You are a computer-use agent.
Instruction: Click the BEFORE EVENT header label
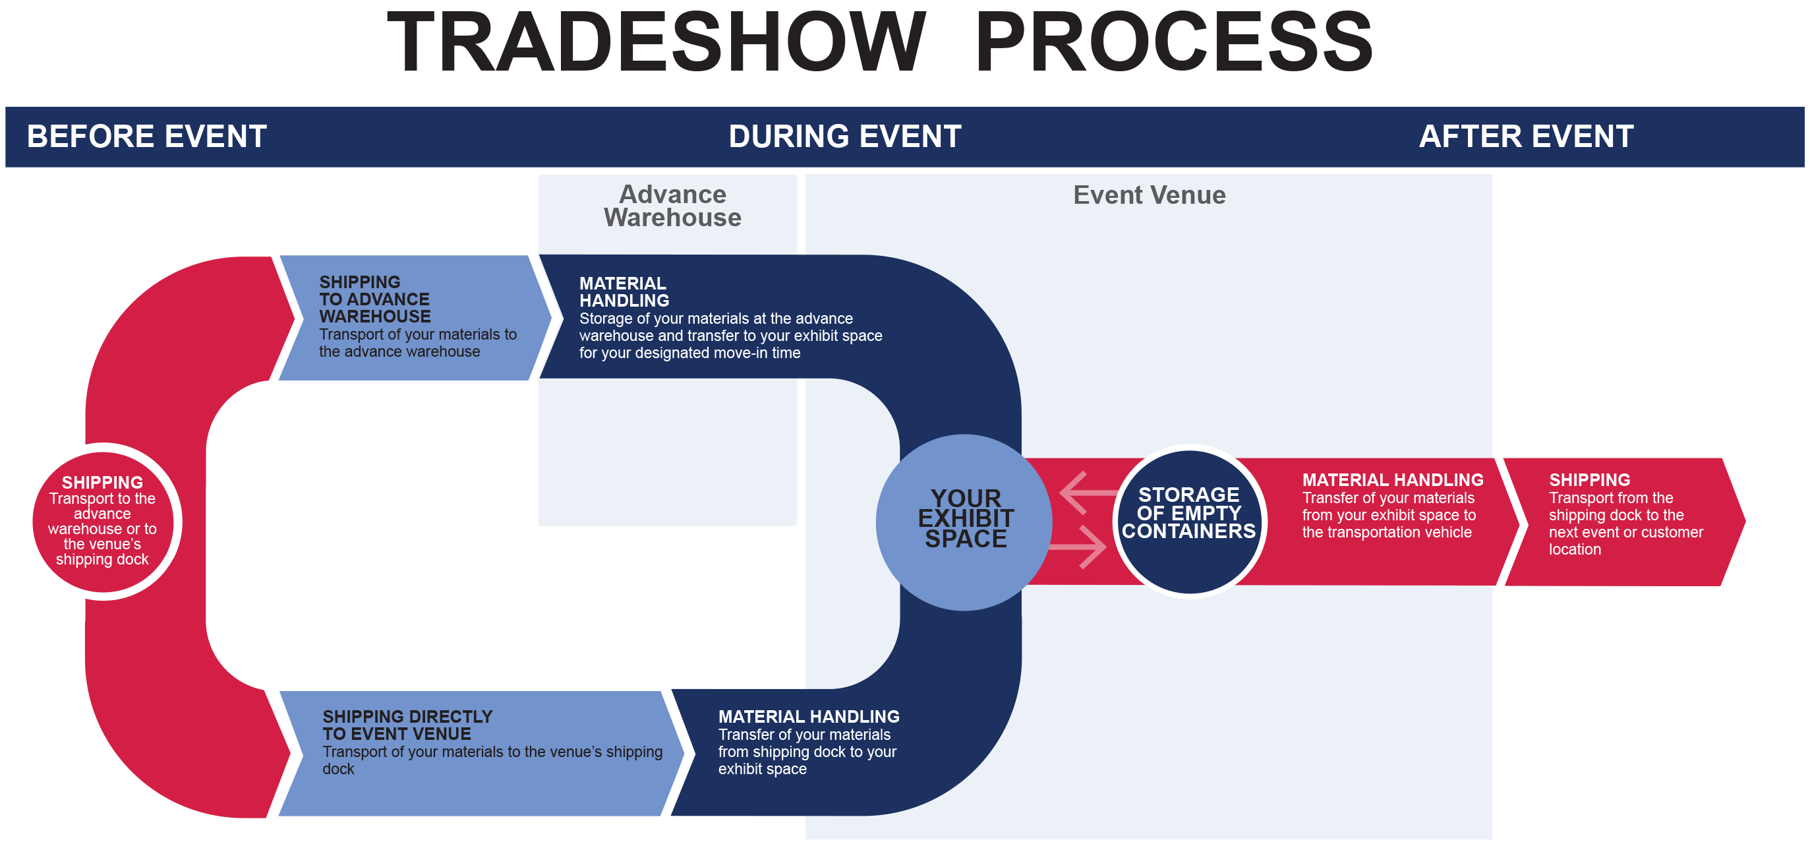coord(147,137)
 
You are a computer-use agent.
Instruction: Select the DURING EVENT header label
coord(844,137)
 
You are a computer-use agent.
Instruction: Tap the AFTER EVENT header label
coord(1526,137)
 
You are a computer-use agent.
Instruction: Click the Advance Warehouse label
coord(672,206)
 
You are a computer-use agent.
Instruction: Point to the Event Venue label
coord(1149,195)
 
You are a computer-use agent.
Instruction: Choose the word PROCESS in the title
coord(1173,44)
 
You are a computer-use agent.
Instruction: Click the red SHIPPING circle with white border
coord(103,521)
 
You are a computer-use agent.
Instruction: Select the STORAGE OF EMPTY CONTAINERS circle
coord(1189,521)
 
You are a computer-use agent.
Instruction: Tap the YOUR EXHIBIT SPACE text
coord(966,519)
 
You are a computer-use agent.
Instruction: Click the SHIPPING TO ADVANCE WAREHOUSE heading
coord(374,299)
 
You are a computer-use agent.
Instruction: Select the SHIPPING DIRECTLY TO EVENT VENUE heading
coord(407,725)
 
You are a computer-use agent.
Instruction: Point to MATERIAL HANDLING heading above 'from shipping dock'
coord(808,716)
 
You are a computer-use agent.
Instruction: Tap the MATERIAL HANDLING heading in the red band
coord(1393,480)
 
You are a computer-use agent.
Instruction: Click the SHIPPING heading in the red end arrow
coord(1589,480)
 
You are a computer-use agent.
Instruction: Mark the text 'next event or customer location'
coord(1625,541)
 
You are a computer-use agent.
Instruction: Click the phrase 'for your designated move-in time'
coord(689,353)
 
